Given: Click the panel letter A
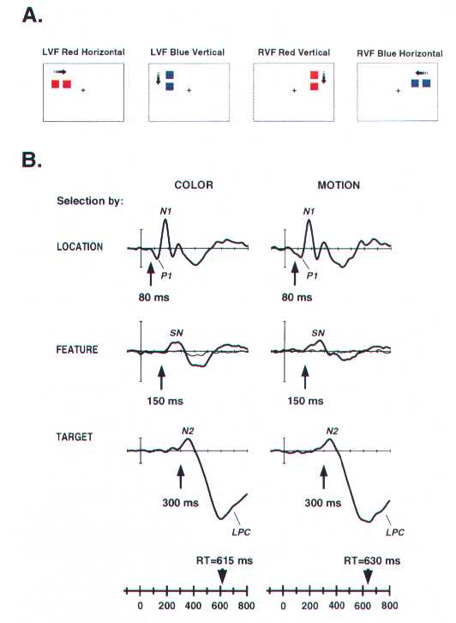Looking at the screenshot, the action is (33, 15).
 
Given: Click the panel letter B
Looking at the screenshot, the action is (32, 160).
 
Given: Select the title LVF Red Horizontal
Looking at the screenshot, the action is (84, 52).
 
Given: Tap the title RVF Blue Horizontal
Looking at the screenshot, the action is (399, 53).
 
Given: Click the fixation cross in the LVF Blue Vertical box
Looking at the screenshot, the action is (189, 91).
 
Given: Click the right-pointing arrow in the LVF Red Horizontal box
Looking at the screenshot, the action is (60, 72).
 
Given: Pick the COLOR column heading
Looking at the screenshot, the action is (194, 184).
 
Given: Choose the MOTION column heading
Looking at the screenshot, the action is (339, 184).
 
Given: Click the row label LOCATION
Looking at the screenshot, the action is (80, 247).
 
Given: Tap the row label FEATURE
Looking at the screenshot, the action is (77, 349).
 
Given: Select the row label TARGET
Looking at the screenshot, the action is (75, 437).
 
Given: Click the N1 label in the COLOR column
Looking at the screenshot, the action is (166, 211).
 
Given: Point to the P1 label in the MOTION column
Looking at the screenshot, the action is (312, 275).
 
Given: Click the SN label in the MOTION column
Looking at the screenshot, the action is (318, 333).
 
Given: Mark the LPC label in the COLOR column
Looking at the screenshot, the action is (242, 532).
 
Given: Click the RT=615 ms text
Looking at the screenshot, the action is (225, 560).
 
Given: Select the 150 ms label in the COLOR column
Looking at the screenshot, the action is (165, 401).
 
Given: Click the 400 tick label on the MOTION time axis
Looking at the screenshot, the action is (336, 605).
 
